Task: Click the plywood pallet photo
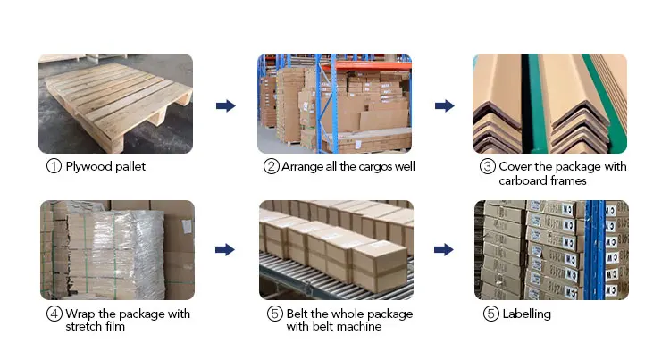pos(115,103)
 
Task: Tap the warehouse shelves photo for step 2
pos(335,103)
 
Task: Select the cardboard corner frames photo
pos(549,103)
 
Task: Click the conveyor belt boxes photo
pos(336,249)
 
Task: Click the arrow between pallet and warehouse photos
pos(226,105)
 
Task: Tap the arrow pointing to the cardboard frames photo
pos(445,105)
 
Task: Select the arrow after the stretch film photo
pos(226,250)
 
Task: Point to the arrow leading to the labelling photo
pos(445,250)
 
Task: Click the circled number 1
pos(54,166)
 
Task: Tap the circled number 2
pos(271,166)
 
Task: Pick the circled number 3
pos(488,166)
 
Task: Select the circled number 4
pos(54,314)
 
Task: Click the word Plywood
pos(89,167)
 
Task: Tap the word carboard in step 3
pos(523,180)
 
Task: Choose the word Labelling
pos(526,314)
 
